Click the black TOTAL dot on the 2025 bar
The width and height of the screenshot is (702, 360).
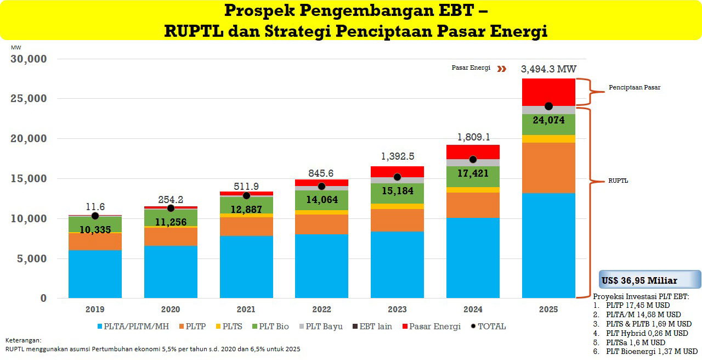click(x=548, y=106)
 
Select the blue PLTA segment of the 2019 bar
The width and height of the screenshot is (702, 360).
click(x=95, y=274)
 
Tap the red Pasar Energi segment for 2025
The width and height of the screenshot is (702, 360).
click(x=548, y=91)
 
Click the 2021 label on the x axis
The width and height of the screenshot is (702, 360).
click(x=246, y=310)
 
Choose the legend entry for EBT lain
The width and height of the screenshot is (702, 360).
click(x=375, y=327)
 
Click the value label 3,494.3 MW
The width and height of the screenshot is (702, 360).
click(x=548, y=69)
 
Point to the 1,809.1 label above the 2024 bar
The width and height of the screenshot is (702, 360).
click(x=473, y=137)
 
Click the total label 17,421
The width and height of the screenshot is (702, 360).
click(x=473, y=173)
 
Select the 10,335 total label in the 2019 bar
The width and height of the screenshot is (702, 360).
click(x=95, y=229)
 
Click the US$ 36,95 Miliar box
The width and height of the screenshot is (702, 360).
click(x=649, y=280)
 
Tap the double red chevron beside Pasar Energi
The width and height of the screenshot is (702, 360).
click(x=501, y=69)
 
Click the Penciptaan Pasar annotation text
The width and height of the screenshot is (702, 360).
click(x=635, y=87)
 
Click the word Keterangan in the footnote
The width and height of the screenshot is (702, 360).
click(x=22, y=340)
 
